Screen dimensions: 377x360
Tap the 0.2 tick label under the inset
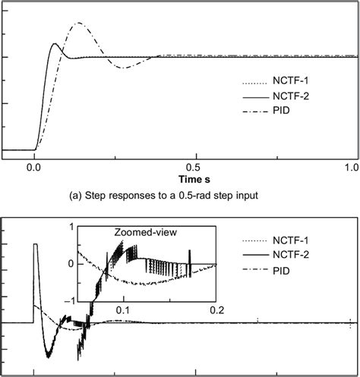(x=217, y=310)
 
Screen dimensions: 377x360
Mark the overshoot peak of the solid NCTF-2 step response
(x=54, y=44)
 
